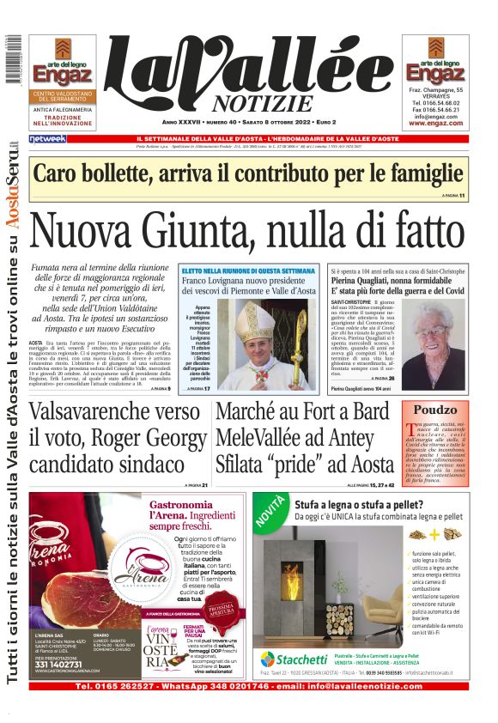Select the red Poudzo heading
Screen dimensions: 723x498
point(435,410)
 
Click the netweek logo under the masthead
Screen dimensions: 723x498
point(48,138)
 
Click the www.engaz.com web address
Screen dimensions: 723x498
point(435,123)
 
